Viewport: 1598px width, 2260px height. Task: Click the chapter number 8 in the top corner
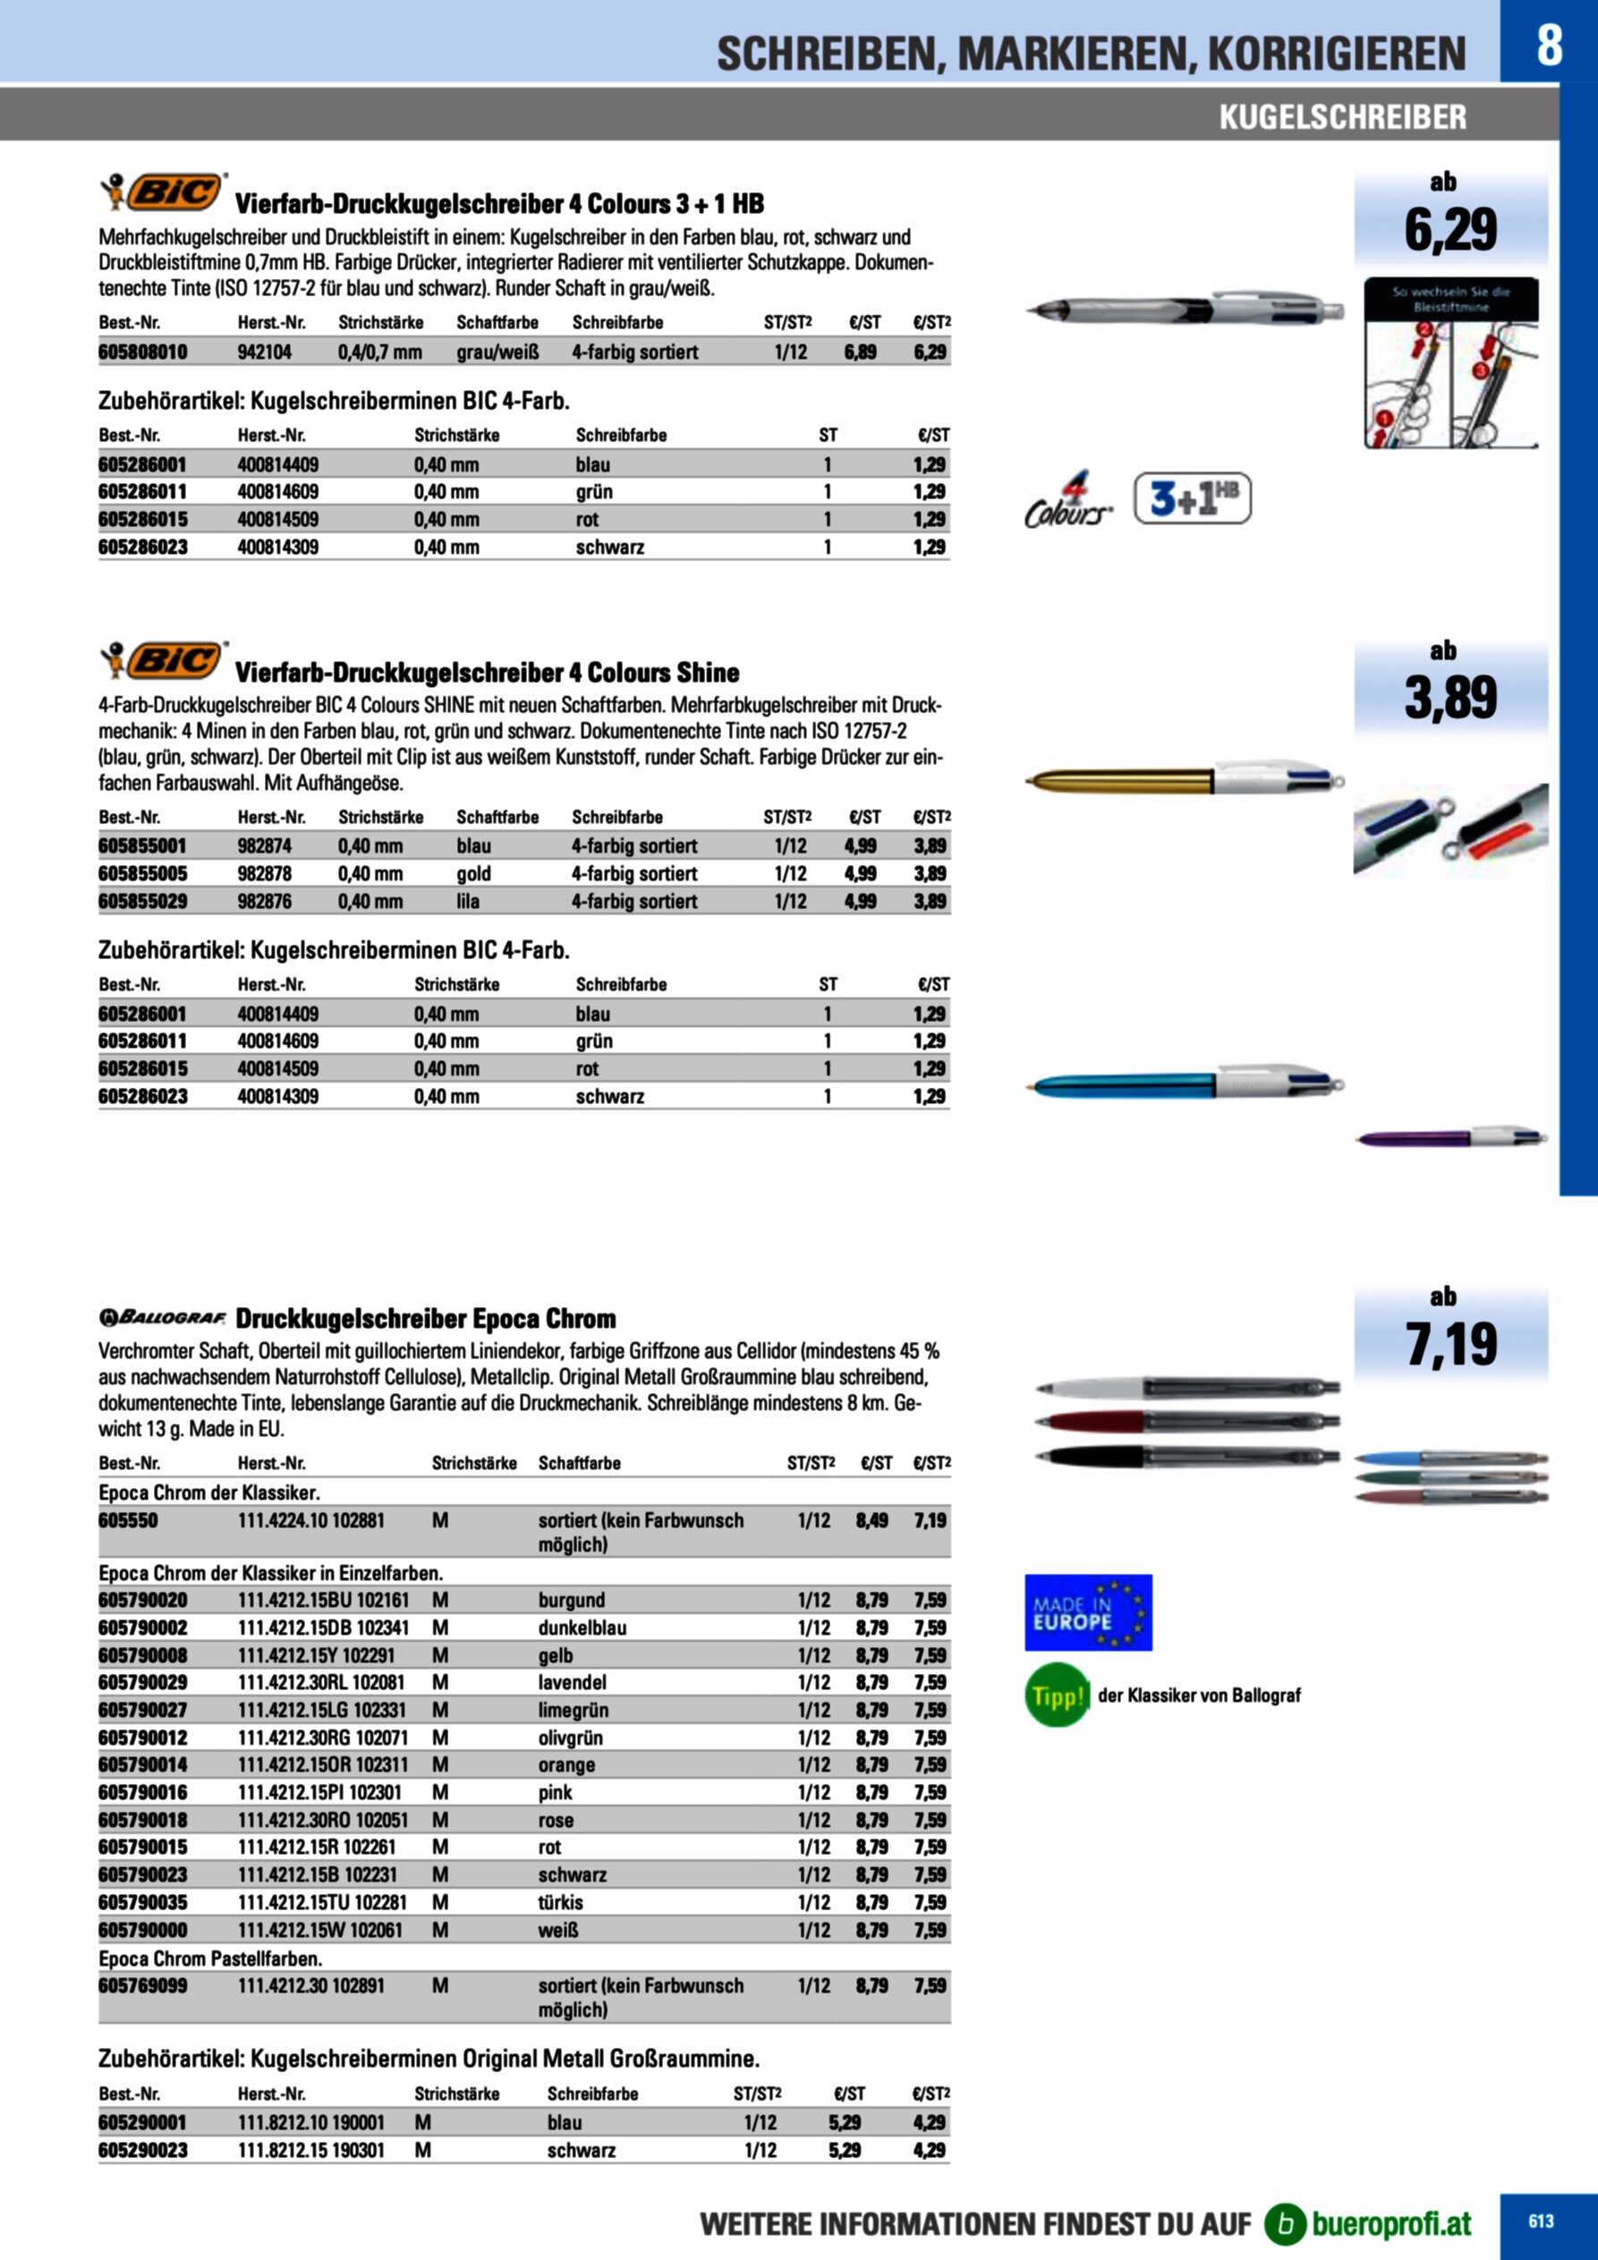pyautogui.click(x=1548, y=45)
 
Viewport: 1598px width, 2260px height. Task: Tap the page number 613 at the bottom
pyautogui.click(x=1541, y=2221)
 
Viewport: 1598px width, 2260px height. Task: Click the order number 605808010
pyautogui.click(x=143, y=353)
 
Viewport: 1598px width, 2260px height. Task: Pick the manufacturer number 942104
pyautogui.click(x=265, y=353)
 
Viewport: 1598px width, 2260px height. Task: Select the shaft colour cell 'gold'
pyautogui.click(x=473, y=874)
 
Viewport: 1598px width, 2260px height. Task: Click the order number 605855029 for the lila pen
pyautogui.click(x=143, y=902)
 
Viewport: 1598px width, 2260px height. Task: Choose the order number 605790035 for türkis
pyautogui.click(x=143, y=1902)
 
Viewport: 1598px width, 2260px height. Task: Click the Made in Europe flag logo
pyautogui.click(x=1088, y=1612)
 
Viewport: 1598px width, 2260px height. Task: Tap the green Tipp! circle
pyautogui.click(x=1057, y=1695)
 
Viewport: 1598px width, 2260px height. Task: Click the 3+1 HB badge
pyautogui.click(x=1192, y=499)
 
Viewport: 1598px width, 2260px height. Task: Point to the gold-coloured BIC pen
pyautogui.click(x=1182, y=780)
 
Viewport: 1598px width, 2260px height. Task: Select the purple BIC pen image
pyautogui.click(x=1449, y=1138)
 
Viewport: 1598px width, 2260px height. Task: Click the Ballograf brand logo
pyautogui.click(x=163, y=1318)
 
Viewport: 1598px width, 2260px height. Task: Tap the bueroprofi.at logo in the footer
pyautogui.click(x=1370, y=2222)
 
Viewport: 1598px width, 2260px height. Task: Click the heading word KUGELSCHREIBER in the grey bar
pyautogui.click(x=1342, y=117)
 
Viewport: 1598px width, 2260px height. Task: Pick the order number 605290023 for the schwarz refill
pyautogui.click(x=143, y=2150)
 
